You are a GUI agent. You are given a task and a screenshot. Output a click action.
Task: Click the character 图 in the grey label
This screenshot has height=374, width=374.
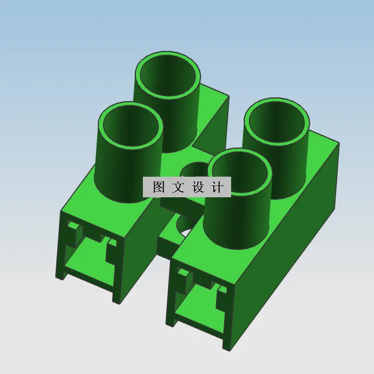[159, 188]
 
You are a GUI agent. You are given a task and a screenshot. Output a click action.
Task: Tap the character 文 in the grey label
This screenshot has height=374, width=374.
[178, 188]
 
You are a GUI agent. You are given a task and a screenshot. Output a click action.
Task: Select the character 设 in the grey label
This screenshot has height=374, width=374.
[198, 188]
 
